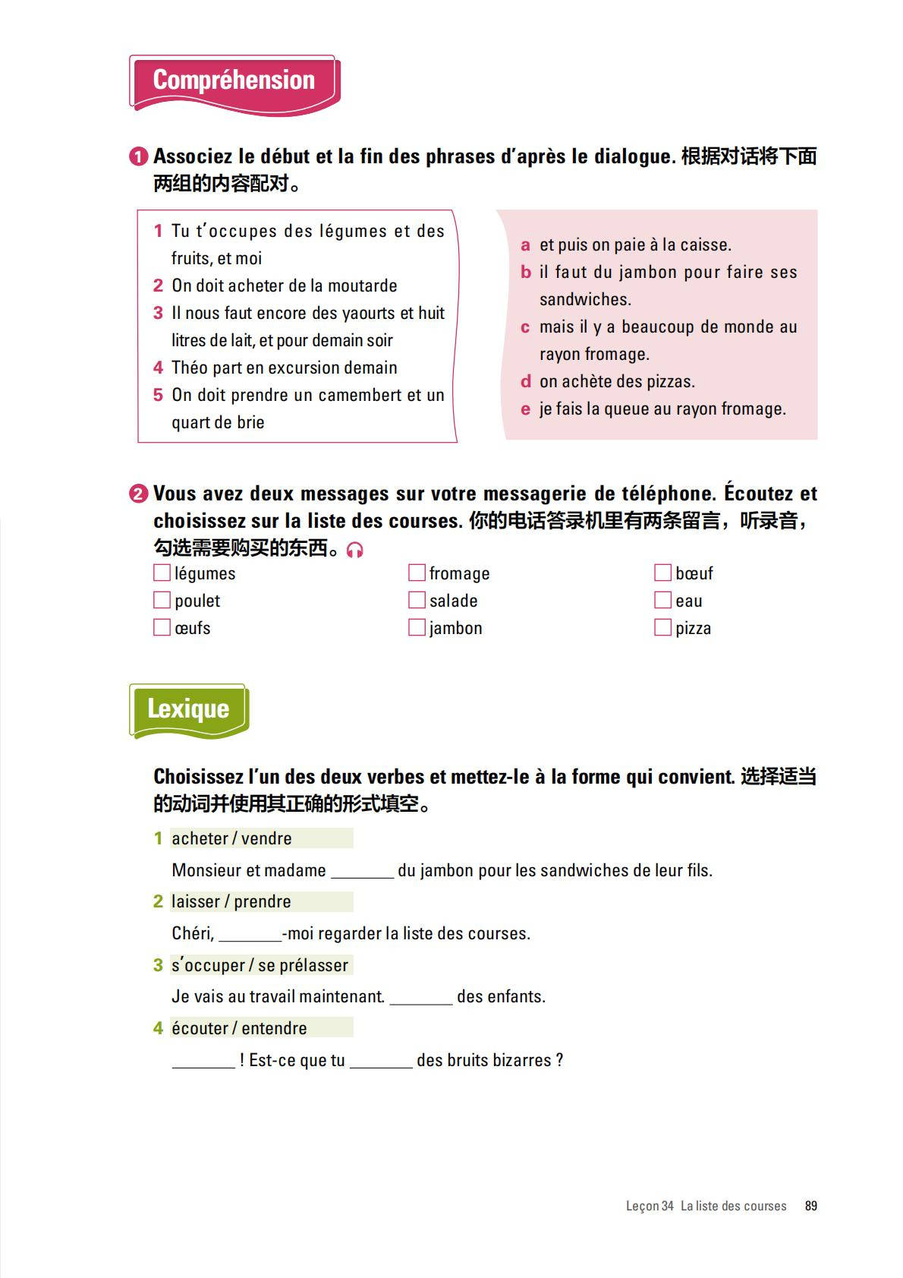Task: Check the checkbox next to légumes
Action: coord(162,573)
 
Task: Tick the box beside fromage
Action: coord(417,573)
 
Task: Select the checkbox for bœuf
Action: coord(662,573)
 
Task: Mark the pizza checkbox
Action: coord(662,627)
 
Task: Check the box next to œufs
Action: coord(162,627)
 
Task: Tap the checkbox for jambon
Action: coord(417,627)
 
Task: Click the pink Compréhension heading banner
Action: coord(234,81)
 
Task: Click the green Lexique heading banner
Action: coord(188,709)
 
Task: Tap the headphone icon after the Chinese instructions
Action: coord(354,550)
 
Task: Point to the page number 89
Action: coord(811,1206)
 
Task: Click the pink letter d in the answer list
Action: coord(525,381)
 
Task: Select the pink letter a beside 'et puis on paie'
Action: coord(525,245)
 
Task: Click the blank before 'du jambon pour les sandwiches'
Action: coord(362,872)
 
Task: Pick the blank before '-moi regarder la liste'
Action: coord(250,935)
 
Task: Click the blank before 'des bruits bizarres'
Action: coord(381,1062)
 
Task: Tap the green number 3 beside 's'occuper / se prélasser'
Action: coord(158,965)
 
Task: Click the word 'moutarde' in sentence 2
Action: coord(362,286)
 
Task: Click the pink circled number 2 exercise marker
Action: coord(138,494)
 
